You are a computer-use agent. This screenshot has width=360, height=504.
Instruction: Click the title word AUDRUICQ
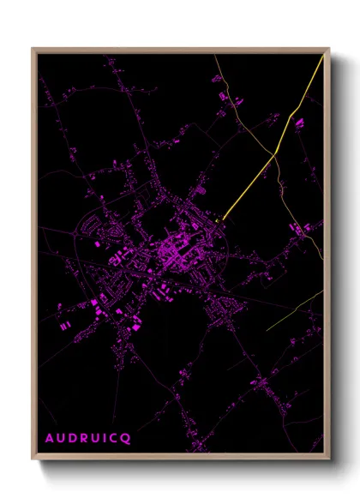tap(87, 439)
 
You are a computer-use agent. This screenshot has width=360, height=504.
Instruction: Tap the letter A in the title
tap(49, 439)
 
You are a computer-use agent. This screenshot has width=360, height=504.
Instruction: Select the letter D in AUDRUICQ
tap(71, 439)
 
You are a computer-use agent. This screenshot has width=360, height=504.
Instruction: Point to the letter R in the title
tap(82, 439)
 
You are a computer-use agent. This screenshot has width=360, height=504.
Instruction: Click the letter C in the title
tap(114, 439)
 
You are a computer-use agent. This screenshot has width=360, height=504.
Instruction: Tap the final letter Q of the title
tap(126, 439)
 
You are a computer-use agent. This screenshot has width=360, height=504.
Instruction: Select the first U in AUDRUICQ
tap(60, 439)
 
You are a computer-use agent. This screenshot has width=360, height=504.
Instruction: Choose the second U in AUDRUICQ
tap(94, 439)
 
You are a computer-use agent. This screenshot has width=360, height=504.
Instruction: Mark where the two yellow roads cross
tap(275, 155)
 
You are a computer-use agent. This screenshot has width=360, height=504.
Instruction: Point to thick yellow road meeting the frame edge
tap(322, 57)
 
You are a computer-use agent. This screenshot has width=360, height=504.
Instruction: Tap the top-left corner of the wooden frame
tap(33, 48)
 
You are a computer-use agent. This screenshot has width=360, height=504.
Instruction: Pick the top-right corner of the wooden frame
tap(329, 48)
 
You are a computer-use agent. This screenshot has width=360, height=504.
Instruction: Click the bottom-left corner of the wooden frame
tap(33, 460)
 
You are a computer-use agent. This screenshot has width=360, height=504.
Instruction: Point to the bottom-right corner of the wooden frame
tap(329, 460)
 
